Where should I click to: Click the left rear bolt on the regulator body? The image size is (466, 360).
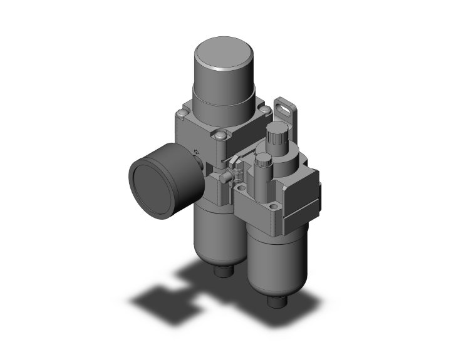coord(182,113)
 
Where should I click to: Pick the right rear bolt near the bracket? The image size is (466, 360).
coord(265,111)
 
